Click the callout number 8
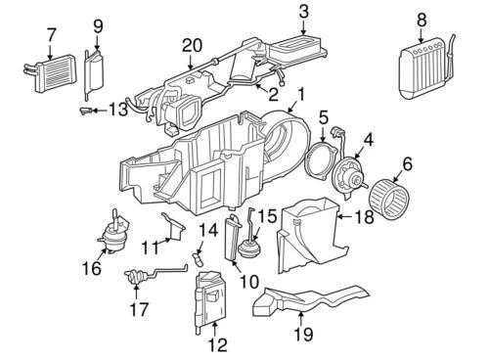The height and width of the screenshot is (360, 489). click(422, 20)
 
